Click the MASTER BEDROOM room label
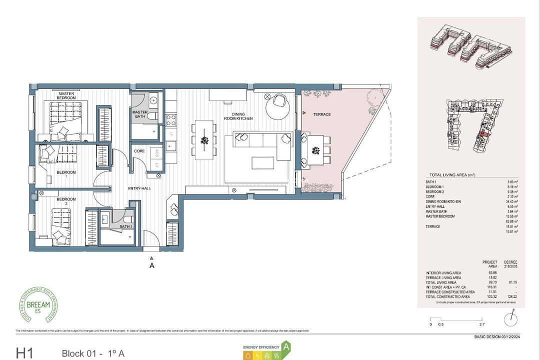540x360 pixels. pyautogui.click(x=66, y=95)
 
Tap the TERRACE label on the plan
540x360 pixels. pyautogui.click(x=322, y=114)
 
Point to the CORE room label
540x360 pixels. pyautogui.click(x=139, y=150)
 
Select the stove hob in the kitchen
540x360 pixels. pyautogui.click(x=170, y=119)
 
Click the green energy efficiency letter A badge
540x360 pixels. pyautogui.click(x=286, y=346)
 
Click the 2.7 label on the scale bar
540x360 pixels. pyautogui.click(x=481, y=324)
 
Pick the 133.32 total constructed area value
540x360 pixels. pyautogui.click(x=489, y=297)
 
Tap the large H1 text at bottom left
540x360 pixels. pyautogui.click(x=25, y=353)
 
